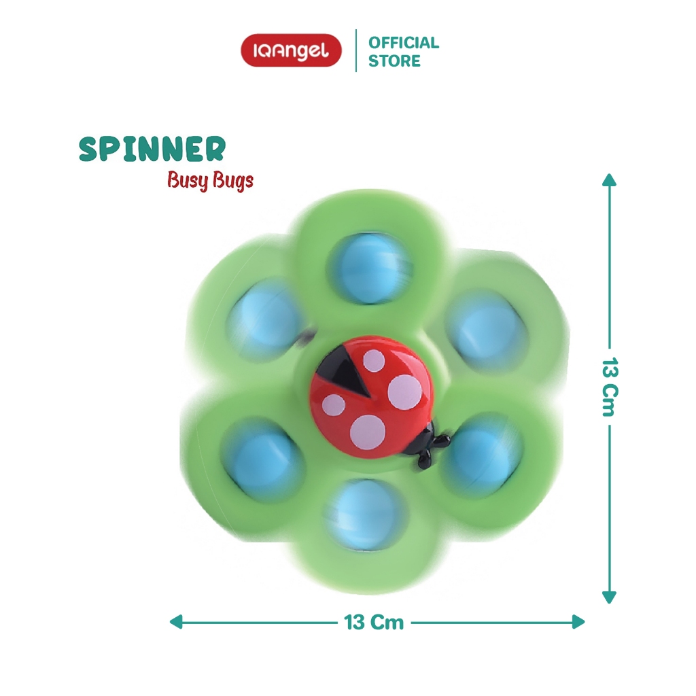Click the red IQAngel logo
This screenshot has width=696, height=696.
click(x=291, y=50)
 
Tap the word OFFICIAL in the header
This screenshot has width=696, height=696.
click(x=404, y=43)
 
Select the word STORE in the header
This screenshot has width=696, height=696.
click(x=394, y=61)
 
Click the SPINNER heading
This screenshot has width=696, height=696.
click(x=152, y=149)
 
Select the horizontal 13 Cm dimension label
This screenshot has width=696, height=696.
click(x=374, y=622)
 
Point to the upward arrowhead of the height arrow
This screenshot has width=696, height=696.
click(x=609, y=179)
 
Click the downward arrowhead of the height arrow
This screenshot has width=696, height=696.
click(x=609, y=597)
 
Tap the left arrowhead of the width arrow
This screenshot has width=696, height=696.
click(x=176, y=621)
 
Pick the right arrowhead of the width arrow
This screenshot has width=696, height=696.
click(x=578, y=621)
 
